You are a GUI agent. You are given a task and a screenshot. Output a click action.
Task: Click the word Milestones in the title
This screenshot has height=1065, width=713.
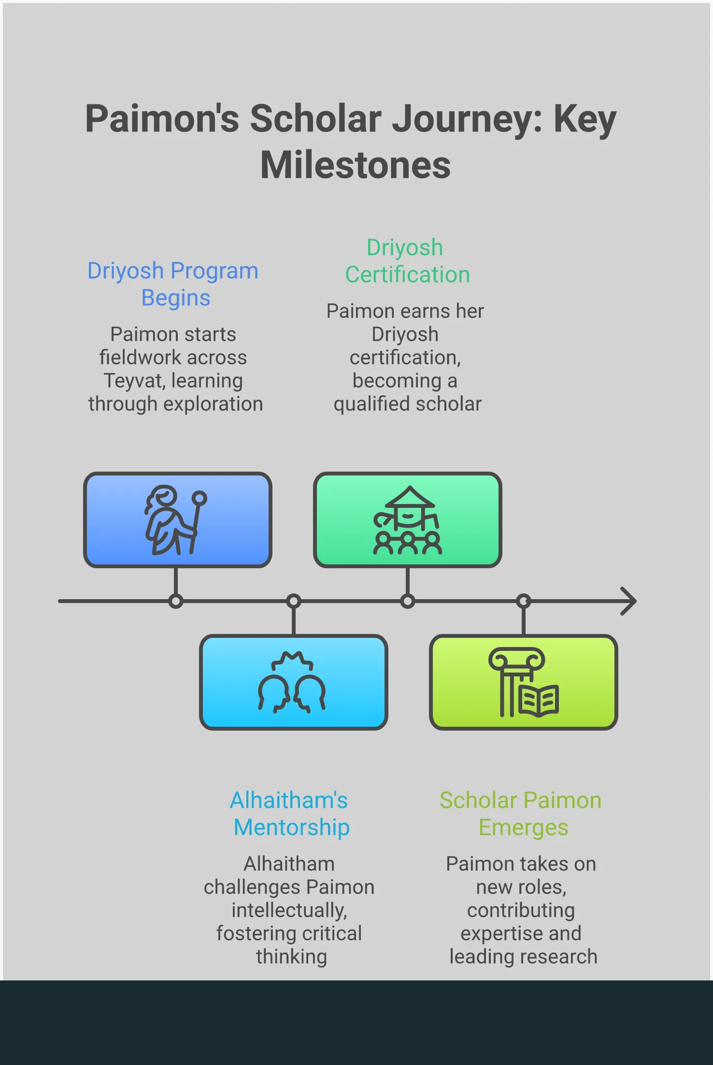pos(356,165)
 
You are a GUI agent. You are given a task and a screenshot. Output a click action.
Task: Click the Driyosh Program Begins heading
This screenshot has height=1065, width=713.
pos(173,284)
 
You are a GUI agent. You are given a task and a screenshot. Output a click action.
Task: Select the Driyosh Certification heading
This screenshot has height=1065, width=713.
pos(407,261)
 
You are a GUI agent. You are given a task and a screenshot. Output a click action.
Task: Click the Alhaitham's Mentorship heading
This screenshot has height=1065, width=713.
pos(290,814)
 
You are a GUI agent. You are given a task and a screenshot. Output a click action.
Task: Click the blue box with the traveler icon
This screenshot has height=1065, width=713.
pos(177,519)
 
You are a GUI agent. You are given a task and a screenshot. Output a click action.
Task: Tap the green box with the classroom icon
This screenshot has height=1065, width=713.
pos(407,519)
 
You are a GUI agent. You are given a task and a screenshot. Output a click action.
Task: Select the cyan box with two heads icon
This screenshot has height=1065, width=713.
pos(293,682)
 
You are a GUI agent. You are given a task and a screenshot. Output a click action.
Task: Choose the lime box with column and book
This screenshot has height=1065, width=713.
pos(523,682)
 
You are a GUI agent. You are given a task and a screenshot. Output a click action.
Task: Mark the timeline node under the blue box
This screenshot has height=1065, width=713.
pos(176,601)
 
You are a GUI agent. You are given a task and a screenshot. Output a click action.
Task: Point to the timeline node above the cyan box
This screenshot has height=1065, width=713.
pos(293,601)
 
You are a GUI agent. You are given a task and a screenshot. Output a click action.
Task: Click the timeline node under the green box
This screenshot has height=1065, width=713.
pos(408,601)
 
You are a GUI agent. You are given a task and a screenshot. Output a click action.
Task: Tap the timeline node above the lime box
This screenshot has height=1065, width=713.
pos(524,601)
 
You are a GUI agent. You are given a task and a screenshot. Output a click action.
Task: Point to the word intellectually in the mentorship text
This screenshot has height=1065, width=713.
pos(289,910)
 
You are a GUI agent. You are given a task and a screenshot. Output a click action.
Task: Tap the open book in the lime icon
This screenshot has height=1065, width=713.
pos(539,701)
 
